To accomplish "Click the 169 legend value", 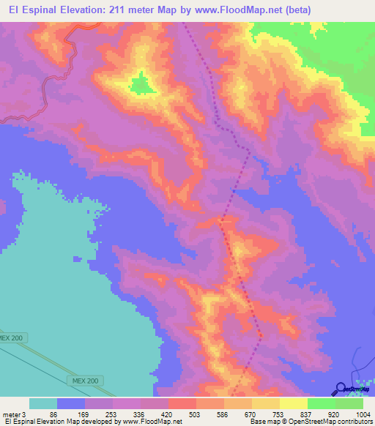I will [x=81, y=414].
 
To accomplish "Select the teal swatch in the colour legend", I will [x=43, y=403].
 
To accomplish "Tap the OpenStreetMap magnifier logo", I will [x=341, y=389].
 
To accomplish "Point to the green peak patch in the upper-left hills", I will [x=141, y=84].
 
